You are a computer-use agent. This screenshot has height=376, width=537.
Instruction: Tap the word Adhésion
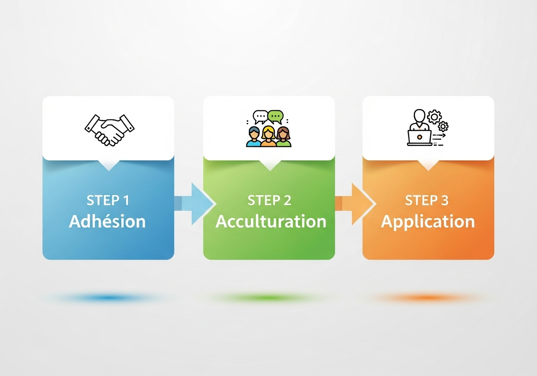click(107, 222)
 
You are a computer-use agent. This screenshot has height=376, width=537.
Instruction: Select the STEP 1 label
click(108, 201)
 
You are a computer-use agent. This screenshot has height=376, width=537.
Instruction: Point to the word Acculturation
click(271, 222)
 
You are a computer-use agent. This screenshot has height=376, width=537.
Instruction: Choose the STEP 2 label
click(269, 201)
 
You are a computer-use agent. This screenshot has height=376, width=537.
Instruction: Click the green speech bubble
click(276, 116)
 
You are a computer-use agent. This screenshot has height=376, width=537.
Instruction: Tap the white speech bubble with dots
click(260, 116)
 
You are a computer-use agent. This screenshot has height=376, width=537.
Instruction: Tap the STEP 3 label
click(427, 201)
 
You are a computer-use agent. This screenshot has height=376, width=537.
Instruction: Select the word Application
click(428, 222)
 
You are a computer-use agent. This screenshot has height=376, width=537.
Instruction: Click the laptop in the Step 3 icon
click(420, 137)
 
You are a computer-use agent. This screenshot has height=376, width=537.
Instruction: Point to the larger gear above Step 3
click(434, 116)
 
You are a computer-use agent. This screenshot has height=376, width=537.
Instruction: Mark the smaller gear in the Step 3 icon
click(443, 126)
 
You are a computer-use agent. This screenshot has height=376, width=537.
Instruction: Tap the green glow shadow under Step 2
click(268, 298)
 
